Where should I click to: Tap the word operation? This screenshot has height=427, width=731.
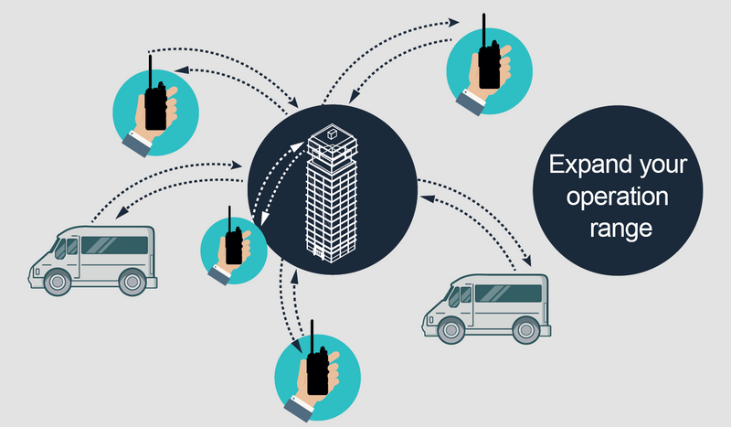(618, 197)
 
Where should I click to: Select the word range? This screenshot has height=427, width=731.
(620, 229)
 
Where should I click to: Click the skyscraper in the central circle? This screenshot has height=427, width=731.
(332, 193)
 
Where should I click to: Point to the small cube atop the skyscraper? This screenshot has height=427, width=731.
(332, 133)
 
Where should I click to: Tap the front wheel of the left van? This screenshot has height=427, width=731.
(58, 282)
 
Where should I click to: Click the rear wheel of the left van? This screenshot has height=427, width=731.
(132, 282)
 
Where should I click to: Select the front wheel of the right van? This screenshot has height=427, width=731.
(451, 330)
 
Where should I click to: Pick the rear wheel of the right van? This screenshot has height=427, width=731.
(526, 330)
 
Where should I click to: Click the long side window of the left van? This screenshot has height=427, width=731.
(115, 245)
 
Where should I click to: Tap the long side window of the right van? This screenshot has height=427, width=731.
(508, 294)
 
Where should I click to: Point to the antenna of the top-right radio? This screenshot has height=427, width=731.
(484, 30)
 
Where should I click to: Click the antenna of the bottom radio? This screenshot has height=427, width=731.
(312, 336)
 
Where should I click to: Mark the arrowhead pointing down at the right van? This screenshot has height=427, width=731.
(527, 261)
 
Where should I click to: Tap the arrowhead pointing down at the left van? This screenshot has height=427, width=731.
(122, 212)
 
